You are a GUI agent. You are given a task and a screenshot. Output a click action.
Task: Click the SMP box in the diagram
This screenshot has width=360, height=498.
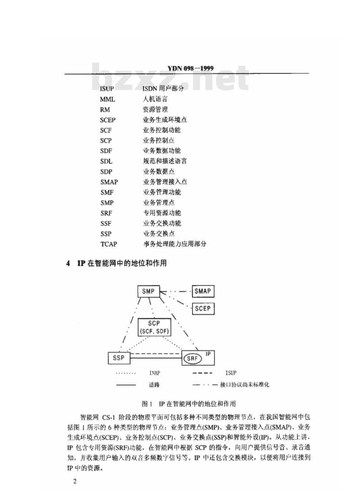pyautogui.click(x=148, y=291)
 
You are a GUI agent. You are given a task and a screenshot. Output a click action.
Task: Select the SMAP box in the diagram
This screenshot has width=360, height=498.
pyautogui.click(x=203, y=291)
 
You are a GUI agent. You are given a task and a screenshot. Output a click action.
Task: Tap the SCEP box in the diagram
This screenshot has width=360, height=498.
pyautogui.click(x=203, y=308)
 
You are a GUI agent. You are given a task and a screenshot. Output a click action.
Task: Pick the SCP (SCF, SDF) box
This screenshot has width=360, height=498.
pyautogui.click(x=154, y=327)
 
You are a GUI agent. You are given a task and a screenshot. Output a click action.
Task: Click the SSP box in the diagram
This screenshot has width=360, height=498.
pyautogui.click(x=119, y=358)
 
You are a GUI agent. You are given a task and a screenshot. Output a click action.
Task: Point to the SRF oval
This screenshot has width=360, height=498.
pyautogui.click(x=193, y=358)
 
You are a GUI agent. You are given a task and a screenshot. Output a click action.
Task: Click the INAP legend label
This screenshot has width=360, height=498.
pyautogui.click(x=155, y=373)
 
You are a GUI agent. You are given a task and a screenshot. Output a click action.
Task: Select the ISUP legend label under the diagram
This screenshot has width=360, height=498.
pyautogui.click(x=231, y=373)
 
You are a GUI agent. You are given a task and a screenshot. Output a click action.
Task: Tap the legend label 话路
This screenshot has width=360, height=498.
pyautogui.click(x=154, y=385)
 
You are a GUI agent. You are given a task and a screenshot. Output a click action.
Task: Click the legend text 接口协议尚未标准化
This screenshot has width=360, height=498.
pyautogui.click(x=244, y=385)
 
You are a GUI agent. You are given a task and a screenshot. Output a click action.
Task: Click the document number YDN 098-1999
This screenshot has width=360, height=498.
pyautogui.click(x=190, y=68)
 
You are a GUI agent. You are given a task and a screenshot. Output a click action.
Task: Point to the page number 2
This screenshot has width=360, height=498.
pyautogui.click(x=75, y=481)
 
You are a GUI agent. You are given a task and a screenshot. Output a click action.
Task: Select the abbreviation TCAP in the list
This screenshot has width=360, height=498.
pyautogui.click(x=108, y=244)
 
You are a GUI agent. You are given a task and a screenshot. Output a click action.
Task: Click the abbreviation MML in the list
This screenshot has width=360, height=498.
pyautogui.click(x=108, y=100)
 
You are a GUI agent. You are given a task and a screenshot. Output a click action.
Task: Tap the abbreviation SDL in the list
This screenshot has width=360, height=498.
pyautogui.click(x=106, y=161)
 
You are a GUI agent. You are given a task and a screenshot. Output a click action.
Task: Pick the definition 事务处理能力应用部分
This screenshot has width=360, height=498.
pyautogui.click(x=175, y=244)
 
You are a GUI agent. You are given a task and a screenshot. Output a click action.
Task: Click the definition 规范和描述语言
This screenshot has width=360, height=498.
pyautogui.click(x=165, y=161)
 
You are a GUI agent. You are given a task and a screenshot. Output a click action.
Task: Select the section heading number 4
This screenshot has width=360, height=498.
pyautogui.click(x=68, y=263)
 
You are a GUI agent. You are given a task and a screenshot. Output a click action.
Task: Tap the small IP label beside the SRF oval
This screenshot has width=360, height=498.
pyautogui.click(x=208, y=354)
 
